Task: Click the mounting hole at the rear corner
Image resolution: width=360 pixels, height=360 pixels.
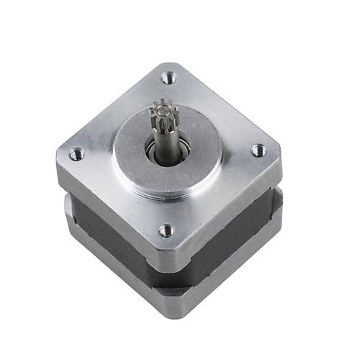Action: pos(170,76)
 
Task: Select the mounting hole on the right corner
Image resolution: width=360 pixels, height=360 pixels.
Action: pos(258,150)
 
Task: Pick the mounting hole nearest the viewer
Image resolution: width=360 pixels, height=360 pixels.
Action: pos(166,230)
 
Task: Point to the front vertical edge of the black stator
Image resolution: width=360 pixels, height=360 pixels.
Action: pos(167,281)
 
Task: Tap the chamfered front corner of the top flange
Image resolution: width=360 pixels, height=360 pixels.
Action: pos(167,256)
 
